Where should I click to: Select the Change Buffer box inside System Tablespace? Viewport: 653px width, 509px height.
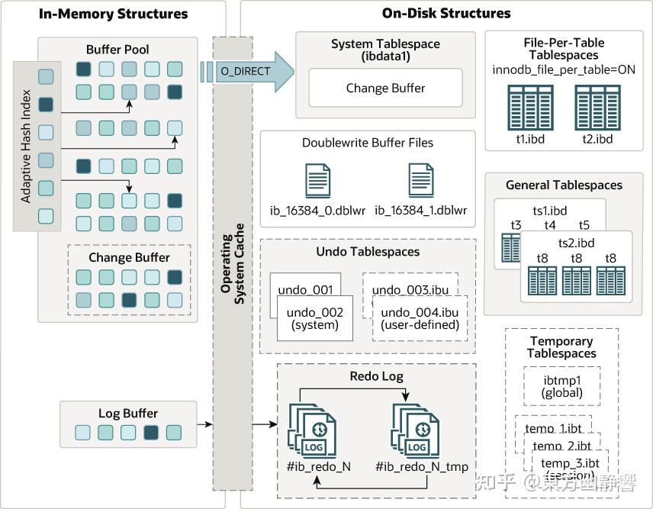click(385, 89)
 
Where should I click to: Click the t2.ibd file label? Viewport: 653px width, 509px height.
click(597, 139)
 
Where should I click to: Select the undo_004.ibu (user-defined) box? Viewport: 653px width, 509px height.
click(420, 318)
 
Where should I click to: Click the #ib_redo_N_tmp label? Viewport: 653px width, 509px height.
click(422, 467)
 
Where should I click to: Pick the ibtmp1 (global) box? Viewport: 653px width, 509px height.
click(563, 386)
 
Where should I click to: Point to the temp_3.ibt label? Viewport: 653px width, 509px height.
click(569, 463)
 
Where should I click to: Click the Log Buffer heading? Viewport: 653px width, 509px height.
click(120, 414)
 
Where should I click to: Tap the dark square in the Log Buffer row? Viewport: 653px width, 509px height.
click(151, 433)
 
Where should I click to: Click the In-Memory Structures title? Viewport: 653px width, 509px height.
click(113, 14)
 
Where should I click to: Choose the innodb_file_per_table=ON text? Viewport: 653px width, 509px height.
click(564, 70)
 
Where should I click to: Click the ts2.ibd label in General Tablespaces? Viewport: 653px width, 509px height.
click(576, 243)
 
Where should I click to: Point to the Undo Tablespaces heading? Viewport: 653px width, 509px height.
click(368, 251)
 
